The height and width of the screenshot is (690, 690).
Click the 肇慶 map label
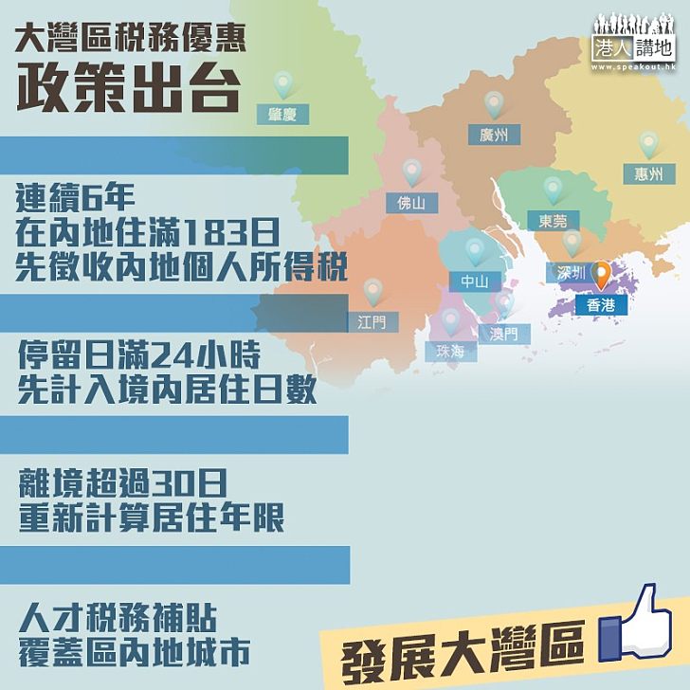pyautogui.click(x=281, y=116)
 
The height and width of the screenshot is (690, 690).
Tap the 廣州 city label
pyautogui.click(x=494, y=136)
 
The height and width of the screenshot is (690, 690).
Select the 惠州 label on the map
pyautogui.click(x=649, y=173)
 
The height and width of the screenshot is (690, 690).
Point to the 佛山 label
pyautogui.click(x=411, y=202)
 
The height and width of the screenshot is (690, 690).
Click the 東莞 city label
pyautogui.click(x=553, y=221)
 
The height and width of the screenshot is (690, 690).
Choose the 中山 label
pyautogui.click(x=474, y=281)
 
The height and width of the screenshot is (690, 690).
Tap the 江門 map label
pyautogui.click(x=372, y=321)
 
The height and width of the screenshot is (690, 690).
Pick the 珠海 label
pyautogui.click(x=449, y=350)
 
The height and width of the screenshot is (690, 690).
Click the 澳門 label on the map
pyautogui.click(x=503, y=334)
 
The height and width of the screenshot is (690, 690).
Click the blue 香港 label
pyautogui.click(x=601, y=304)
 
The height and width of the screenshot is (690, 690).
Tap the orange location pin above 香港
pyautogui.click(x=601, y=277)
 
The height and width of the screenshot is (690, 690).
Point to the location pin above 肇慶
pyautogui.click(x=281, y=85)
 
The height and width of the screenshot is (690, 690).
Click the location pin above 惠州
pyautogui.click(x=648, y=144)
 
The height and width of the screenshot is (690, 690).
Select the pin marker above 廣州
pyautogui.click(x=494, y=104)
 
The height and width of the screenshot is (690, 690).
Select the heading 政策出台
pyautogui.click(x=126, y=87)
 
